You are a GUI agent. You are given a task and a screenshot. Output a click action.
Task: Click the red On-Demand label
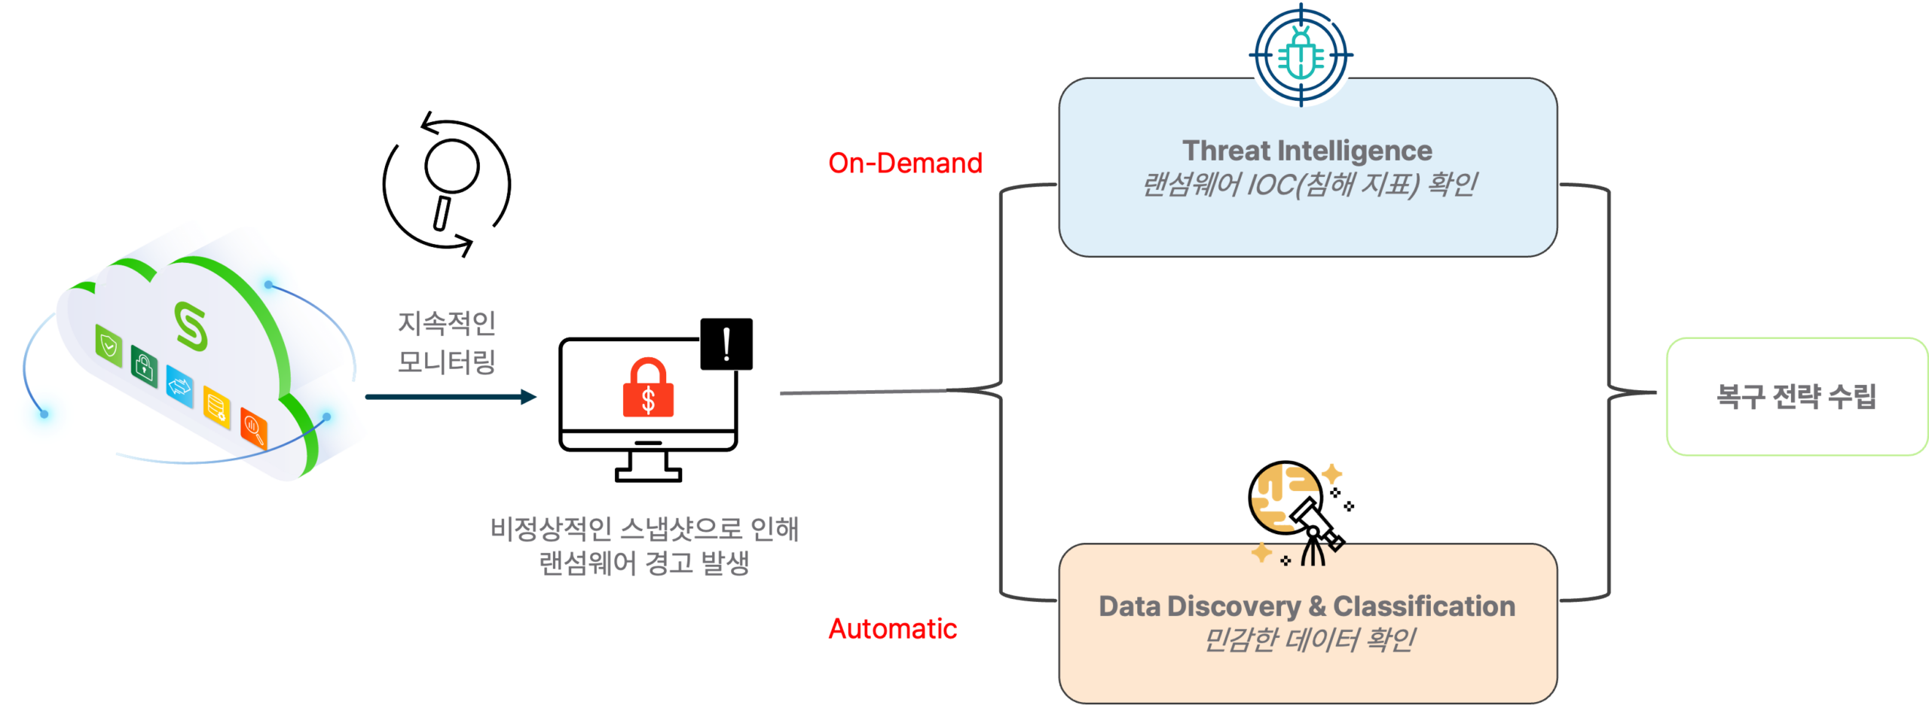(x=904, y=163)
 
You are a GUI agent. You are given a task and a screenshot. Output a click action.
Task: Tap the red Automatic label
(x=892, y=629)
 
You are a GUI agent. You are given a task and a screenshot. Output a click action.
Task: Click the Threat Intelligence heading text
(x=1307, y=151)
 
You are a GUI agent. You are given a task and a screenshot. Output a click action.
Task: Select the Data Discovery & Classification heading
(x=1307, y=606)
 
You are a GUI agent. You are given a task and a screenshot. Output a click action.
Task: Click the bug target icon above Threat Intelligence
(x=1301, y=54)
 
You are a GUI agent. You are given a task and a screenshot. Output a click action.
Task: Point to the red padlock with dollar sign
(x=648, y=389)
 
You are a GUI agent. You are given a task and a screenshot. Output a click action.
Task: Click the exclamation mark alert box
(x=726, y=344)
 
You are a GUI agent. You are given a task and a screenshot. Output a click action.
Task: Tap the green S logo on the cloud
(x=191, y=325)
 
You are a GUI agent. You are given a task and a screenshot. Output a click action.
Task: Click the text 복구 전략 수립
(x=1796, y=396)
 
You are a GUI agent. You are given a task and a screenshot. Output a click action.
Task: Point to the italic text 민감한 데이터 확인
(x=1308, y=640)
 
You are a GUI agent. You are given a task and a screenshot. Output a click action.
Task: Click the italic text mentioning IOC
(x=1308, y=185)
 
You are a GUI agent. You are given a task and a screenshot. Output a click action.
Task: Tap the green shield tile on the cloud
(x=109, y=346)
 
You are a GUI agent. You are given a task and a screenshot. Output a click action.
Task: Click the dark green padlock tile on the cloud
(x=144, y=367)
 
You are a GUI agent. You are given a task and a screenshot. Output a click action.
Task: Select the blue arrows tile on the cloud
(x=179, y=387)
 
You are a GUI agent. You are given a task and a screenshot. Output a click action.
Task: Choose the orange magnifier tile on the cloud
(x=253, y=428)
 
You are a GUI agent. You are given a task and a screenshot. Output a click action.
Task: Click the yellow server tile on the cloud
(x=216, y=407)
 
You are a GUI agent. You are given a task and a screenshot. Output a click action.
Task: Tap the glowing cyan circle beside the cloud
(x=44, y=414)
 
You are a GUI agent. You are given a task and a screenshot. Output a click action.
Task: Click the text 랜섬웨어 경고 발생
(x=644, y=563)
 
